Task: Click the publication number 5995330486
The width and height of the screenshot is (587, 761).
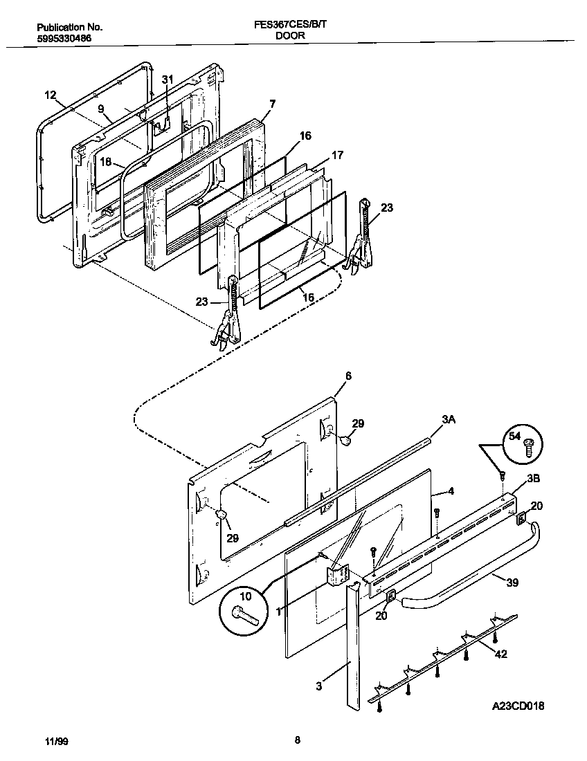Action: (64, 39)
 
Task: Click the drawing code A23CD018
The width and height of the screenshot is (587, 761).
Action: (518, 706)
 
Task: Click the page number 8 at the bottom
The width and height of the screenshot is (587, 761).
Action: (297, 740)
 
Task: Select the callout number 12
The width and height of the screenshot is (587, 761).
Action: (50, 95)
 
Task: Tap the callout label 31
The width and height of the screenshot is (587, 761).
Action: (167, 80)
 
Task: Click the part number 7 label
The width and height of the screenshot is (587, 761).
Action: (272, 104)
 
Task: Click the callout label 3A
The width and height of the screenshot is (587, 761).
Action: (449, 419)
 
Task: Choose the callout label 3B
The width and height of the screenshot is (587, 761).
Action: (534, 478)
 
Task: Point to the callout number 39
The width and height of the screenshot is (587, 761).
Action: (512, 583)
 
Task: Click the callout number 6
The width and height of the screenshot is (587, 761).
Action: (348, 376)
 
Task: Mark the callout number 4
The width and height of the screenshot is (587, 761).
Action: (451, 491)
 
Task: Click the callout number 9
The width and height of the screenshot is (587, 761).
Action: (101, 109)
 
